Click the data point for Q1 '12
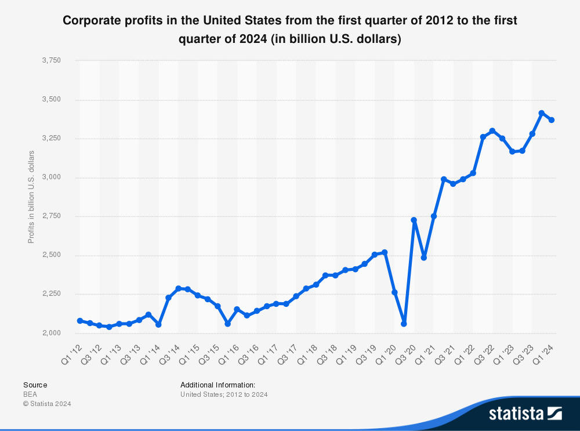80,321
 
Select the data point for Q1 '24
552,120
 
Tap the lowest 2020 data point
404,324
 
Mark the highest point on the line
542,113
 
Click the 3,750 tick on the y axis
52,60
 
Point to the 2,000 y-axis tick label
52,333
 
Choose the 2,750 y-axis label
52,216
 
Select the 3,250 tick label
52,139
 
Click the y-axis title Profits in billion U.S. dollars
31,197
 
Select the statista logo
525,413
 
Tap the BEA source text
30,394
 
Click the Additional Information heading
217,385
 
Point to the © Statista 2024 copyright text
47,404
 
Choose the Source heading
35,385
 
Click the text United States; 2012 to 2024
224,394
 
